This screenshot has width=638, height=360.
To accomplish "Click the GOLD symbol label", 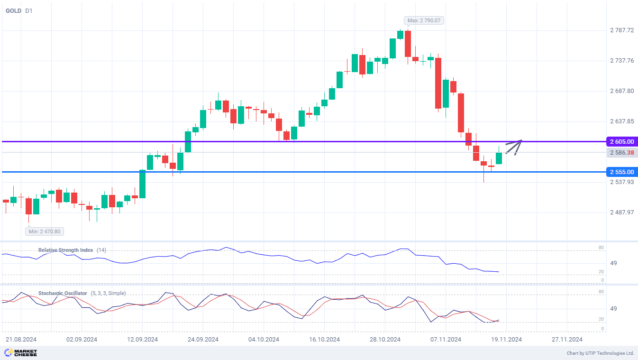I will pyautogui.click(x=13, y=10).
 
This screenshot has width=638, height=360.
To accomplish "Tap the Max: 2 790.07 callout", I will pyautogui.click(x=424, y=20).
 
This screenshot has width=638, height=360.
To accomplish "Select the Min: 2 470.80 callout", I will pyautogui.click(x=45, y=231).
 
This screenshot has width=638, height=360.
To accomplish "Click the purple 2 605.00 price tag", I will pyautogui.click(x=622, y=141).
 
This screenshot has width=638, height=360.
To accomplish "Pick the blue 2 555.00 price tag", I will pyautogui.click(x=622, y=172).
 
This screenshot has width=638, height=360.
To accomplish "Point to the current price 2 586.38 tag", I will pyautogui.click(x=622, y=152).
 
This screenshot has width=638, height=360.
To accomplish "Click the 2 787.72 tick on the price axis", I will pyautogui.click(x=621, y=30).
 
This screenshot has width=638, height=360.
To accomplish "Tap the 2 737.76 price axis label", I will pyautogui.click(x=621, y=61).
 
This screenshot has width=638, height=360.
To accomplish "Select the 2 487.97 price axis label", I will pyautogui.click(x=621, y=212).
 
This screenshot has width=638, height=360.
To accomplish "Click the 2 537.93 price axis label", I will pyautogui.click(x=621, y=182).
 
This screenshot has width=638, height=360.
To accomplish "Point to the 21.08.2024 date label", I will pyautogui.click(x=21, y=340).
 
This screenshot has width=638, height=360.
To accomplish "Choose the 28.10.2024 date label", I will pyautogui.click(x=385, y=340).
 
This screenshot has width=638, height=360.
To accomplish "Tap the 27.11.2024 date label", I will pyautogui.click(x=567, y=340).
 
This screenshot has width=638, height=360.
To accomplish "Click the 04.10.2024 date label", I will pyautogui.click(x=264, y=340).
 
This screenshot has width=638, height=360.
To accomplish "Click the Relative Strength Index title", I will pyautogui.click(x=65, y=250).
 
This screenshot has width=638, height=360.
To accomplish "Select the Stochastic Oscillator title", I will pyautogui.click(x=63, y=293).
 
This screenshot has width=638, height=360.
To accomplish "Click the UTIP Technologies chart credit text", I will pyautogui.click(x=600, y=353).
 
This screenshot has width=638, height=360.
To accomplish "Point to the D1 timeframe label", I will pyautogui.click(x=29, y=10).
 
